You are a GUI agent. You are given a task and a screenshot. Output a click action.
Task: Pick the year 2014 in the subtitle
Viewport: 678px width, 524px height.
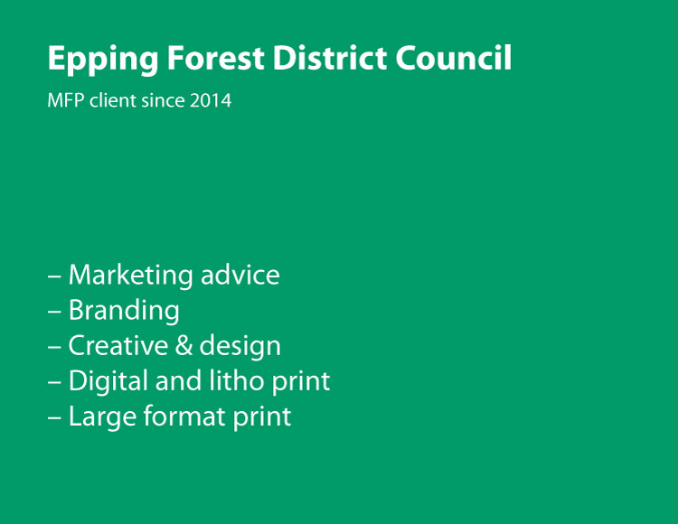211,100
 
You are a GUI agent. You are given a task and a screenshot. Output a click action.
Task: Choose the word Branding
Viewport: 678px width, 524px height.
124,312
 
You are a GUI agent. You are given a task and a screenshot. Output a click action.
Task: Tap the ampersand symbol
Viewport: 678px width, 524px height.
184,346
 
